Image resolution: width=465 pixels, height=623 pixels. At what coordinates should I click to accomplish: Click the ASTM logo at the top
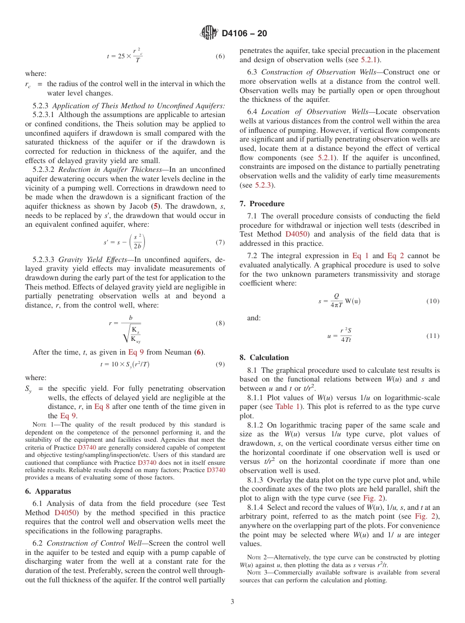tap(209, 33)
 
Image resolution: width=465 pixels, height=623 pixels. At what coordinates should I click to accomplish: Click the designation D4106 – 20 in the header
tap(244, 34)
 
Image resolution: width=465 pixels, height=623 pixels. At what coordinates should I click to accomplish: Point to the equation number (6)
tap(220, 56)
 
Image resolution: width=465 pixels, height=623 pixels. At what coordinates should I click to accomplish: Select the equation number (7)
tap(220, 242)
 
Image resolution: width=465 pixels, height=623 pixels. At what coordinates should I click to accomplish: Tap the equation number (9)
tap(220, 364)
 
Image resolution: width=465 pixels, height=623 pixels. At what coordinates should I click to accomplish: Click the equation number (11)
tap(433, 336)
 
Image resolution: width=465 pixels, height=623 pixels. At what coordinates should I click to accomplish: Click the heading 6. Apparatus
tap(48, 491)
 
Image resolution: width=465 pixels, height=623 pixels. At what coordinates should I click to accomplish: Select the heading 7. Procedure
tap(262, 204)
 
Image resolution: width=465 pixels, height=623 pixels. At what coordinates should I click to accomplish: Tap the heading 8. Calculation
tap(264, 358)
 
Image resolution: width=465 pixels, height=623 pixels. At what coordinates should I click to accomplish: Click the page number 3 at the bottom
tap(232, 601)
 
